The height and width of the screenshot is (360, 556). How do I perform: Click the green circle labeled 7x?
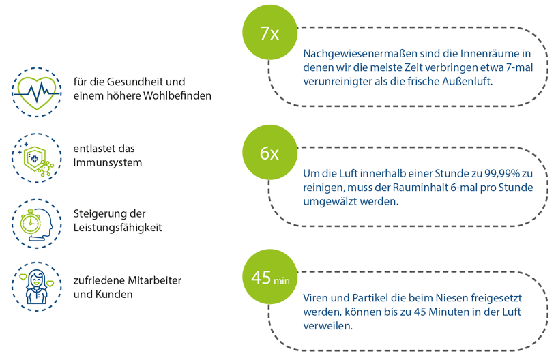(x=270, y=32)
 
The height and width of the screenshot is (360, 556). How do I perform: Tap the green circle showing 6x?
(x=270, y=152)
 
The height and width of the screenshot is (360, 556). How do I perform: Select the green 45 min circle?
(x=270, y=277)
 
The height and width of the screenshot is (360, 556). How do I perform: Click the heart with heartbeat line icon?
(x=37, y=93)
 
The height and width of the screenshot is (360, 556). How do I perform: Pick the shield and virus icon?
(x=37, y=158)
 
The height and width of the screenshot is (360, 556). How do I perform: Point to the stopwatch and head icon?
(x=37, y=224)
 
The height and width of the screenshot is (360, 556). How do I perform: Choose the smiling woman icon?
(x=37, y=286)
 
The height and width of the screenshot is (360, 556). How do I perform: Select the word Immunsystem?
(x=107, y=163)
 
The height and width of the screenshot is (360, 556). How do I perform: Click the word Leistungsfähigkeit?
(x=117, y=228)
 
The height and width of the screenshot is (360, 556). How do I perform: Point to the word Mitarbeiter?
(x=154, y=280)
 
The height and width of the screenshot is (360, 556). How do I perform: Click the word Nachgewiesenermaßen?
(x=360, y=54)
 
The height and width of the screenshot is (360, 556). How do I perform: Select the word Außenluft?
(x=467, y=81)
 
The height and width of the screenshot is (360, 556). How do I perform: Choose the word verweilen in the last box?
(x=327, y=326)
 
